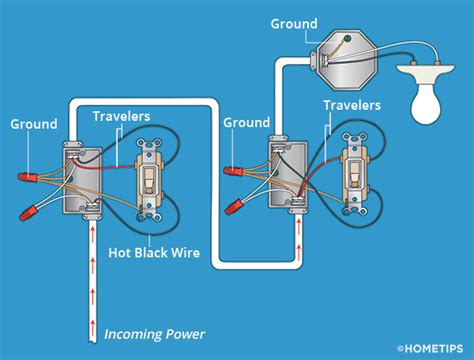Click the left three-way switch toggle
pos(149,179)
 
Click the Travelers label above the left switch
pos(122,116)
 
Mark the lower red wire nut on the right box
pos(237,207)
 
